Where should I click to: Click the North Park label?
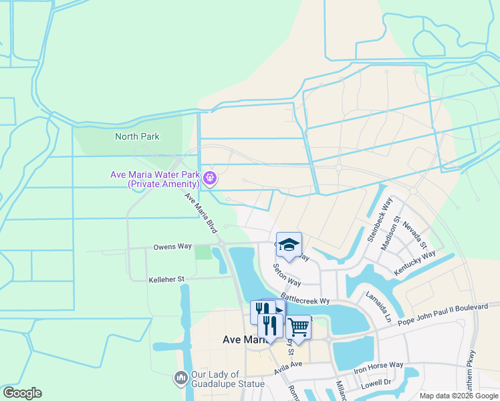137,136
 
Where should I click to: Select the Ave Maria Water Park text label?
155,179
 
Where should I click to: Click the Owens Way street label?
172,247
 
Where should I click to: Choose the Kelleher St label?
166,278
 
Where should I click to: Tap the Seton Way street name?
286,275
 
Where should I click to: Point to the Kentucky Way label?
414,261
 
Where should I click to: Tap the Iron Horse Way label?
378,366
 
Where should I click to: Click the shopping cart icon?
298,327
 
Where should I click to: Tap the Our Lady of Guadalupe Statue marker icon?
181,378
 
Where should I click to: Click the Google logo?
21,393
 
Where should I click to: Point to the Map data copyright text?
459,396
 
